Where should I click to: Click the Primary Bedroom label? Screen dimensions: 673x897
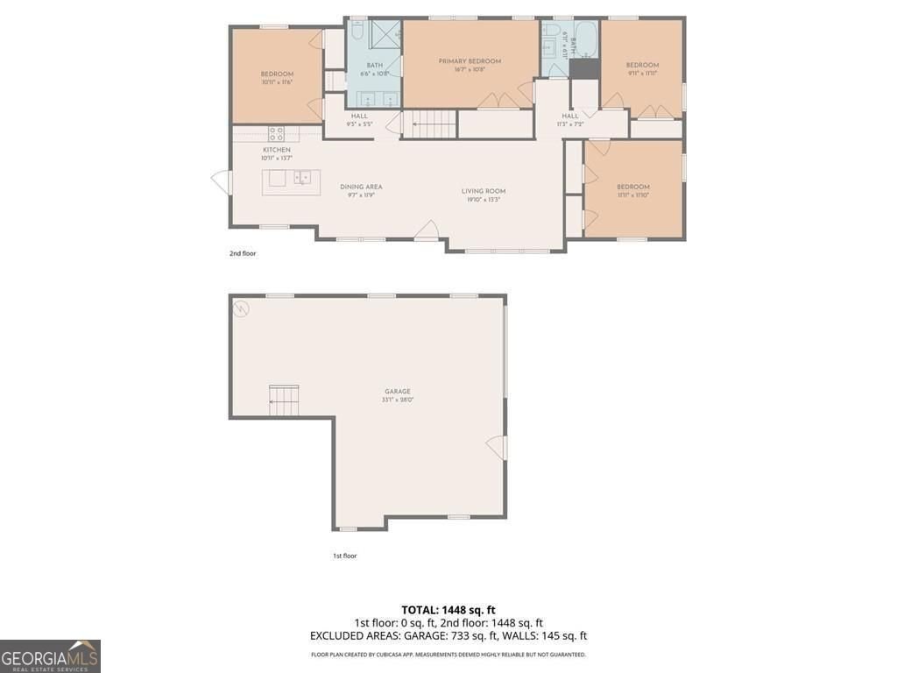pyautogui.click(x=470, y=60)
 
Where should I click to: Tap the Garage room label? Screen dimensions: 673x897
pyautogui.click(x=397, y=392)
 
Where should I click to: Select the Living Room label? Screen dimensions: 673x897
pyautogui.click(x=484, y=191)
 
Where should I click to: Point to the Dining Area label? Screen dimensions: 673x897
pyautogui.click(x=361, y=187)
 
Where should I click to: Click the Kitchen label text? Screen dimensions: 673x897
pyautogui.click(x=277, y=150)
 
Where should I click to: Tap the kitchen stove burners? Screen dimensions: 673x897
pyautogui.click(x=276, y=134)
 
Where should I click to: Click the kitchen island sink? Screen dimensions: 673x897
pyautogui.click(x=301, y=179)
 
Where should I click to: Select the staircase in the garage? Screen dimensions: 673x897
pyautogui.click(x=284, y=400)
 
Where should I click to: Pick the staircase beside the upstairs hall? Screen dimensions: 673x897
pyautogui.click(x=432, y=125)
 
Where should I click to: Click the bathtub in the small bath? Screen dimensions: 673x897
pyautogui.click(x=585, y=40)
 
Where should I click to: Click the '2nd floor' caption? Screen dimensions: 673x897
pyautogui.click(x=243, y=253)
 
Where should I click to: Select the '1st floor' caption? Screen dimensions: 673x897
pyautogui.click(x=344, y=556)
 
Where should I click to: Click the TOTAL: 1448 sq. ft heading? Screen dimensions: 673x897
pyautogui.click(x=448, y=610)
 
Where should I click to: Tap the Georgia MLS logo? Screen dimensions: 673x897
pyautogui.click(x=50, y=656)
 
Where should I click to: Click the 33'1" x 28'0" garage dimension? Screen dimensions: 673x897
pyautogui.click(x=397, y=400)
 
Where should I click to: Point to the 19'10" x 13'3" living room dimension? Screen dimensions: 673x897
pyautogui.click(x=484, y=200)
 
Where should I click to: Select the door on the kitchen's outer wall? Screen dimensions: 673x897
pyautogui.click(x=222, y=182)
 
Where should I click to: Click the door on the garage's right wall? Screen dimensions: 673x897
pyautogui.click(x=498, y=447)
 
